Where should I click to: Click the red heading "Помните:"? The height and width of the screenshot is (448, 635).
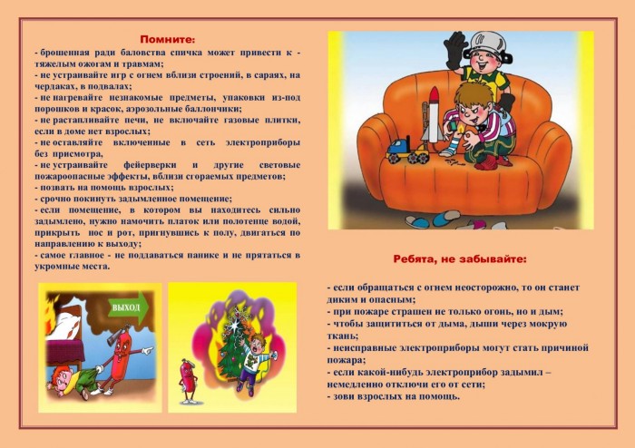tap(168, 39)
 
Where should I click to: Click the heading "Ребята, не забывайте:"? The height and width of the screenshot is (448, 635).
tap(460, 259)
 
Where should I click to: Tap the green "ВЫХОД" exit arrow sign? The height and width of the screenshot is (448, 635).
tap(129, 308)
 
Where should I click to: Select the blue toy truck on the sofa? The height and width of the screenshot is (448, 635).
tap(407, 151)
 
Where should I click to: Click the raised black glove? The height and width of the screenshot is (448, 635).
tap(456, 49)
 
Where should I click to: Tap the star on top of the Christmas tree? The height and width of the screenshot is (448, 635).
tap(234, 323)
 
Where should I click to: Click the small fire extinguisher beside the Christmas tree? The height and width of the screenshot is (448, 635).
tap(187, 381)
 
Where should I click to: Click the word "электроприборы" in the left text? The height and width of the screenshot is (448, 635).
tap(262, 143)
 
